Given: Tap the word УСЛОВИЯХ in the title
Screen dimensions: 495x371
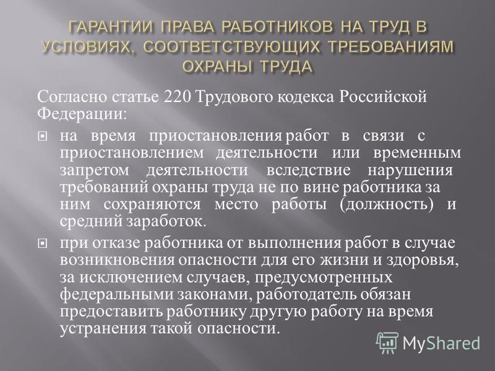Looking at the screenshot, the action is tap(86, 48).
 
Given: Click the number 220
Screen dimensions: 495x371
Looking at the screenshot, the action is tap(178, 97).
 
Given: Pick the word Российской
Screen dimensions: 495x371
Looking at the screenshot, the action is tap(383, 97).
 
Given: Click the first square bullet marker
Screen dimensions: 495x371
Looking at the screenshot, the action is tap(42, 137).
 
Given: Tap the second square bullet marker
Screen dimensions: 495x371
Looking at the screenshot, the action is tap(42, 244).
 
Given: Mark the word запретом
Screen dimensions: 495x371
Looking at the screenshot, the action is tap(95, 171).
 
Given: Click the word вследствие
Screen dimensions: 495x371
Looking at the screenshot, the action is tap(308, 171).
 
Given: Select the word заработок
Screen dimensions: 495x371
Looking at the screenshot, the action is tap(166, 221).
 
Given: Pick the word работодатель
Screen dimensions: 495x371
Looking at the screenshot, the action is tap(306, 295).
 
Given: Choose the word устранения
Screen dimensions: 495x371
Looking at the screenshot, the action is tap(103, 329).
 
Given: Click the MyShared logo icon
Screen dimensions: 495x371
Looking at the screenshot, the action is tap(387, 343).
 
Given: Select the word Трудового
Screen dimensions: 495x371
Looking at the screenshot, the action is tap(235, 98).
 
